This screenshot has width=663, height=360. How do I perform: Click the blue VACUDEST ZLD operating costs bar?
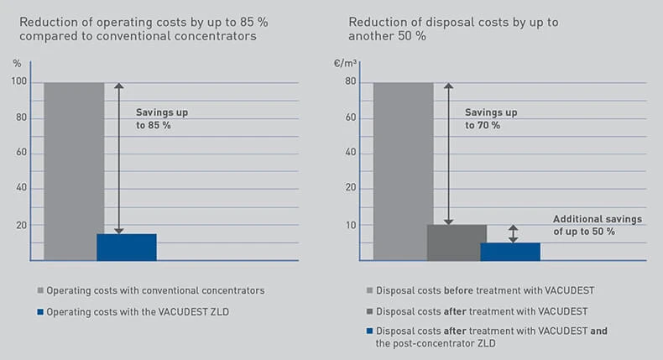click(x=127, y=247)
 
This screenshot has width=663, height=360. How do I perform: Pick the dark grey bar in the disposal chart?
click(x=457, y=243)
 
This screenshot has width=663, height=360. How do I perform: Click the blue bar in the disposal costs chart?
click(x=510, y=251)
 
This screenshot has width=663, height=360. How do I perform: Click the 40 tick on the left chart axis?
click(x=21, y=189)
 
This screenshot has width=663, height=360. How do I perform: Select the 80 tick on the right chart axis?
click(x=350, y=82)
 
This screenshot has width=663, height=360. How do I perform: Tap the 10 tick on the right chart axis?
click(x=350, y=225)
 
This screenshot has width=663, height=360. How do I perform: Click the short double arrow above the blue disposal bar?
click(x=514, y=234)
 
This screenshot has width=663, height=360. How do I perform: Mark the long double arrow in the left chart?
click(x=118, y=159)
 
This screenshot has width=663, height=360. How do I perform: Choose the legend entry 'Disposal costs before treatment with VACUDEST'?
click(x=488, y=290)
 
